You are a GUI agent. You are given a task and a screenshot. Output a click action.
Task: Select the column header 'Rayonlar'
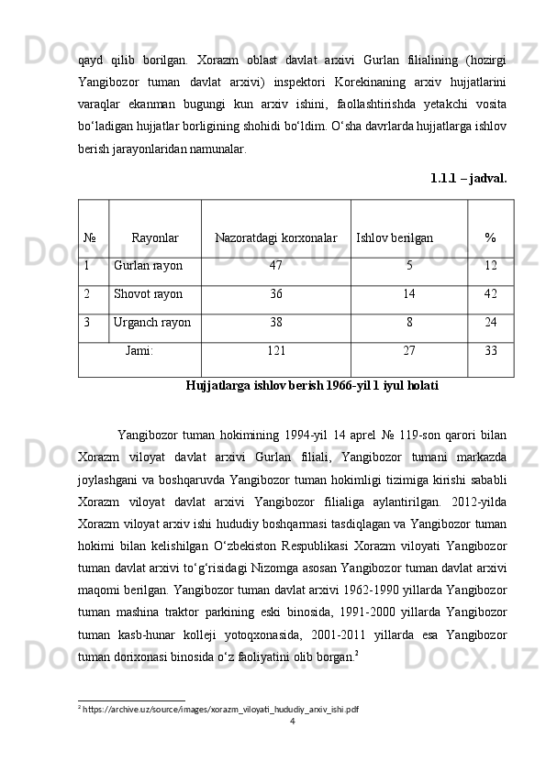pos(155,238)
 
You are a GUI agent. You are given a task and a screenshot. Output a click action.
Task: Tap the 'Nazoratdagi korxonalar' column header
pos(275,238)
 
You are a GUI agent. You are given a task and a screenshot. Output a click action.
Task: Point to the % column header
pos(490,238)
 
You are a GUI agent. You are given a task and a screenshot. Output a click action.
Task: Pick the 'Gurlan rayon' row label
pos(148,266)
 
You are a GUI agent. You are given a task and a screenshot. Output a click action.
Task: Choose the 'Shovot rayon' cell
pos(148,294)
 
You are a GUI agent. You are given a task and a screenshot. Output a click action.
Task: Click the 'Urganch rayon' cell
pos(152,323)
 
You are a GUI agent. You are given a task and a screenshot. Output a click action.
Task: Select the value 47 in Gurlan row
pos(275,266)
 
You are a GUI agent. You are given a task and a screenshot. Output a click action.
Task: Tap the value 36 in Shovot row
pos(275,294)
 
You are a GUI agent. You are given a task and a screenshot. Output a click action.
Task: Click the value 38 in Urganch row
pos(275,323)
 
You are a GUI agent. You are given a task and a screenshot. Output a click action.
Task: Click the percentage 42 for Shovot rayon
pos(491,294)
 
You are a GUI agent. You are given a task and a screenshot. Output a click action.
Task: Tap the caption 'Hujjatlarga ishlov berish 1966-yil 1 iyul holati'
pos(311,386)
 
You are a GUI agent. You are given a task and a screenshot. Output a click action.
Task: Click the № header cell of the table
pos(91,238)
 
